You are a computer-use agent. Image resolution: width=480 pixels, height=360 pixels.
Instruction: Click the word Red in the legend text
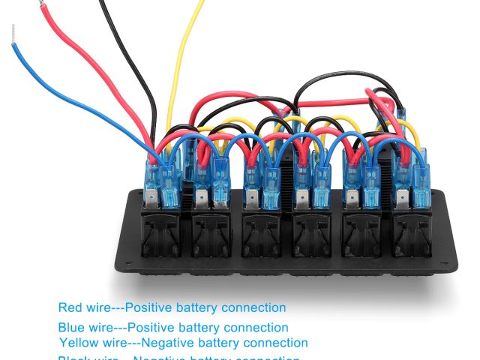[x=69, y=307]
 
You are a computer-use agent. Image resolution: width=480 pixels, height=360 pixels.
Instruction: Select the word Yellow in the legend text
[x=78, y=343]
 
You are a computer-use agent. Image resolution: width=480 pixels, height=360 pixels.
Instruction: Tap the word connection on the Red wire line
[x=250, y=307]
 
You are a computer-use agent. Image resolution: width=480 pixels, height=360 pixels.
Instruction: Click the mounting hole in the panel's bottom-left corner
[x=132, y=265]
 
